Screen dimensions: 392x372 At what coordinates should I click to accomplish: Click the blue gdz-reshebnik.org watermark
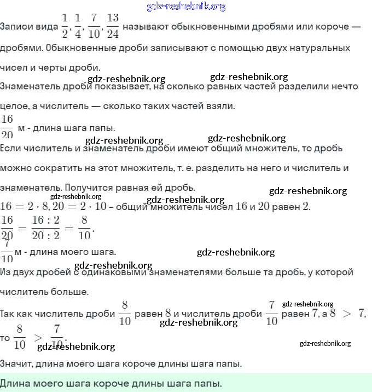186,7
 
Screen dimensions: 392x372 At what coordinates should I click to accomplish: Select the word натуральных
323,48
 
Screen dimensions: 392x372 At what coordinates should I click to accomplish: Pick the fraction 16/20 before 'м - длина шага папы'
8,127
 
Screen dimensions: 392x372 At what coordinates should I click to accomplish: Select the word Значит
18,363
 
